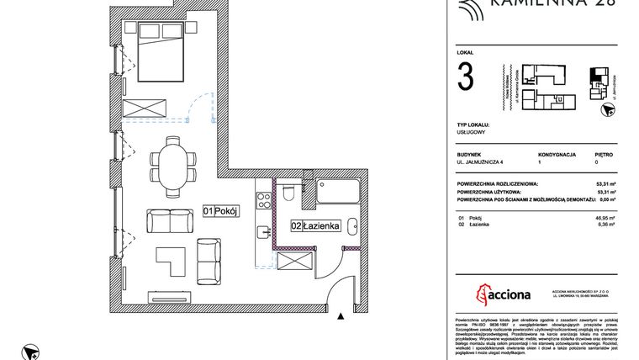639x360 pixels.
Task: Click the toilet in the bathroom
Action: [x=288, y=194]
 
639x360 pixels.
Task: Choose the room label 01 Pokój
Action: [x=221, y=212]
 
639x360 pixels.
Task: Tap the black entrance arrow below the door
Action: [x=341, y=316]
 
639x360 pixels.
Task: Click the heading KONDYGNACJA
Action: [x=555, y=155]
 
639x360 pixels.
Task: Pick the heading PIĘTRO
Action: [x=602, y=155]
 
